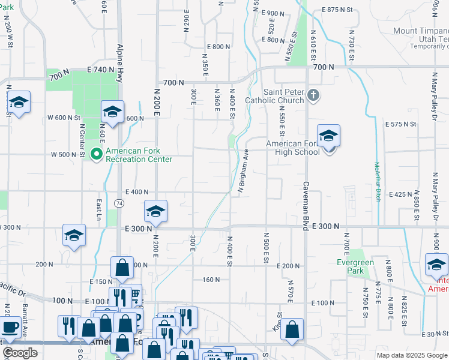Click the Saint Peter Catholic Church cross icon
coord(313,95)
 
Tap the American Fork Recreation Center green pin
coord(96,154)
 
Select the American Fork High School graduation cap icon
coord(328,138)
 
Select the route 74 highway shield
coord(120,204)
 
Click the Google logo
coord(20,353)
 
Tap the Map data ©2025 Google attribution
coord(412,355)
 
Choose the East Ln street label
coord(99,209)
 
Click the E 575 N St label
coord(401,124)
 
